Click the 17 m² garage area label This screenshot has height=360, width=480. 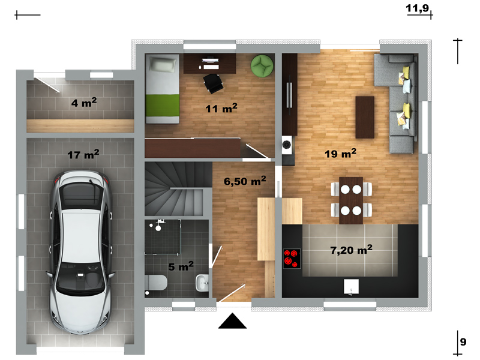(x=83, y=154)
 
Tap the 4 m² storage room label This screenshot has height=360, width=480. (x=84, y=102)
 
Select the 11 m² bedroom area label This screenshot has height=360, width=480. (x=221, y=108)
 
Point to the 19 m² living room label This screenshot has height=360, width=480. (x=340, y=154)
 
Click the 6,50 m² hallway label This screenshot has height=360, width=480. (x=245, y=181)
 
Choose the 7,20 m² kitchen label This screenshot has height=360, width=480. (x=352, y=250)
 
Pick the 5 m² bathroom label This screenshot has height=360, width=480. (x=181, y=266)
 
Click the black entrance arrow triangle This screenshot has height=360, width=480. (x=232, y=321)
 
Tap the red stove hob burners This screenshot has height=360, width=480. (x=292, y=259)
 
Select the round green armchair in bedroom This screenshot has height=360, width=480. (x=262, y=65)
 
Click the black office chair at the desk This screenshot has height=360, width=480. (x=213, y=83)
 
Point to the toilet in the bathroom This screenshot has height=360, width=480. (x=156, y=283)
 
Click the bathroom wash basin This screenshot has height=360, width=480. (x=202, y=283)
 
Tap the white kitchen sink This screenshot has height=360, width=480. (x=351, y=287)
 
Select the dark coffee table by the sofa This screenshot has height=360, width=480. (x=365, y=117)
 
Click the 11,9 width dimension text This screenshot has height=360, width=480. (x=418, y=8)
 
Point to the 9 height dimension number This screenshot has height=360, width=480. (x=463, y=341)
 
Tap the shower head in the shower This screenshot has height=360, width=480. (x=158, y=228)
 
